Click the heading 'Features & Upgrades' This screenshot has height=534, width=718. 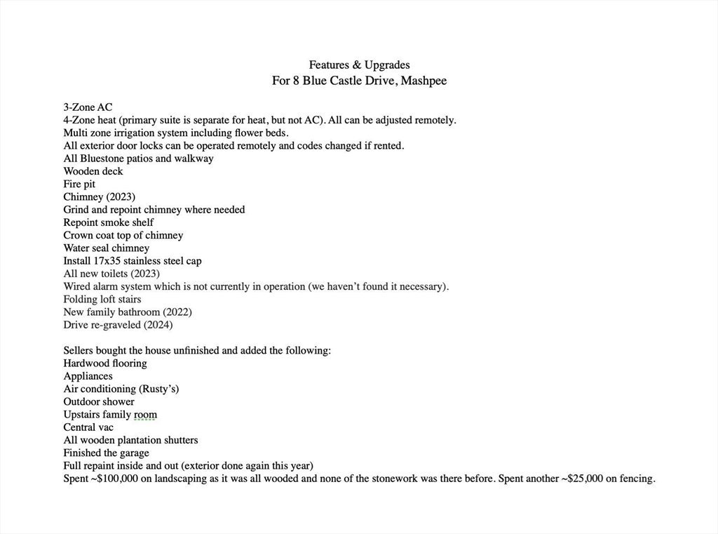point(359,65)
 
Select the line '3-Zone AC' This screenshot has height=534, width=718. point(88,107)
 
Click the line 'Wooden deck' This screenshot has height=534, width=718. point(93,171)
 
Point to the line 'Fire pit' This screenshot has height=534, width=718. point(79,184)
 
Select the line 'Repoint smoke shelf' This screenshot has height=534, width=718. point(108,222)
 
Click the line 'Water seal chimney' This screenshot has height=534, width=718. point(106,248)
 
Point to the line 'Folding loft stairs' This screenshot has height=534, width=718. point(102,299)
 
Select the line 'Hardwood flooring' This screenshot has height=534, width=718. point(105,363)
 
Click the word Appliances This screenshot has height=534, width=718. point(88,376)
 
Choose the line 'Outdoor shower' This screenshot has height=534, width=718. point(99,401)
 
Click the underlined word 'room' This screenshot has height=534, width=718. point(145,415)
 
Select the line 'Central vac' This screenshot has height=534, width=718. point(88,427)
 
